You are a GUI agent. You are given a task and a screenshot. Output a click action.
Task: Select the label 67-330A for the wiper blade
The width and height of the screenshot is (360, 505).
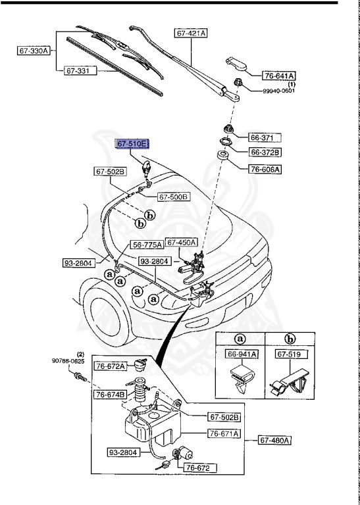pos(34,51)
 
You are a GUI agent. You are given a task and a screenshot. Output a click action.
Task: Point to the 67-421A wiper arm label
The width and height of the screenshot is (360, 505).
pos(191,32)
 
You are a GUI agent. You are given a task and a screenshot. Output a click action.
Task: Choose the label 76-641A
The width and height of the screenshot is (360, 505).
pos(280,76)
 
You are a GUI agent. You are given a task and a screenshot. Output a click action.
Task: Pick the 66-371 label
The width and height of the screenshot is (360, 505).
pos(265,138)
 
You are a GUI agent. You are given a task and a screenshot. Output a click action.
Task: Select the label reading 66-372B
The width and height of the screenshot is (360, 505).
pos(265,153)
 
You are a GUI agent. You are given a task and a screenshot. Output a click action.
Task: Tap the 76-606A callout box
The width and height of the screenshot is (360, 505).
pos(265,169)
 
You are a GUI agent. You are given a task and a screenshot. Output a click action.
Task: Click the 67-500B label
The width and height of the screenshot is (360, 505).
pos(174,197)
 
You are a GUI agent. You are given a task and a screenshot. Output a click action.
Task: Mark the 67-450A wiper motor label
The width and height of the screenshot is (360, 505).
pos(182,243)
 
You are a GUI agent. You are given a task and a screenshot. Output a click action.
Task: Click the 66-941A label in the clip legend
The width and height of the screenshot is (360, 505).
pos(242,354)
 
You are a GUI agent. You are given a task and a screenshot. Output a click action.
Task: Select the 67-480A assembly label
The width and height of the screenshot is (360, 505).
pos(274,440)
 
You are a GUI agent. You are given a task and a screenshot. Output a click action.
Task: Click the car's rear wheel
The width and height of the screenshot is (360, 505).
pos(104,317)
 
